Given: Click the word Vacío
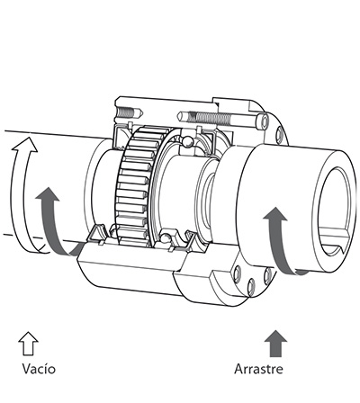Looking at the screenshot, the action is click(x=39, y=369).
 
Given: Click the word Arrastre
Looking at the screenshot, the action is click(x=258, y=369).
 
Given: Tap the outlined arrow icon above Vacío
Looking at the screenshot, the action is click(x=28, y=344).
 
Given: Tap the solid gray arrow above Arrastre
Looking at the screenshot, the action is click(x=275, y=344).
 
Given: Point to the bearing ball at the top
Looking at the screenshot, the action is click(x=188, y=142).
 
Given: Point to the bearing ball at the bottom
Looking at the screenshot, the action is click(x=166, y=237).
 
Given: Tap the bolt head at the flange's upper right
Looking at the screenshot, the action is click(x=264, y=122).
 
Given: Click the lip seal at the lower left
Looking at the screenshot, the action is click(x=97, y=233).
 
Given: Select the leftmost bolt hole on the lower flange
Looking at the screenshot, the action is click(x=238, y=273).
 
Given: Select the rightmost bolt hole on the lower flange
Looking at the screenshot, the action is click(x=268, y=276).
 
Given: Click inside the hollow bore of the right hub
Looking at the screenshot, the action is click(x=334, y=204).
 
